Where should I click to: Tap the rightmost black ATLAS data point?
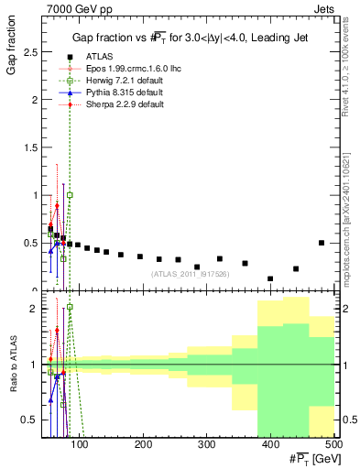[321, 243]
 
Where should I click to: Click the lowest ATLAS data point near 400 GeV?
[270, 278]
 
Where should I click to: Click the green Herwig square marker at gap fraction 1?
[70, 195]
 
